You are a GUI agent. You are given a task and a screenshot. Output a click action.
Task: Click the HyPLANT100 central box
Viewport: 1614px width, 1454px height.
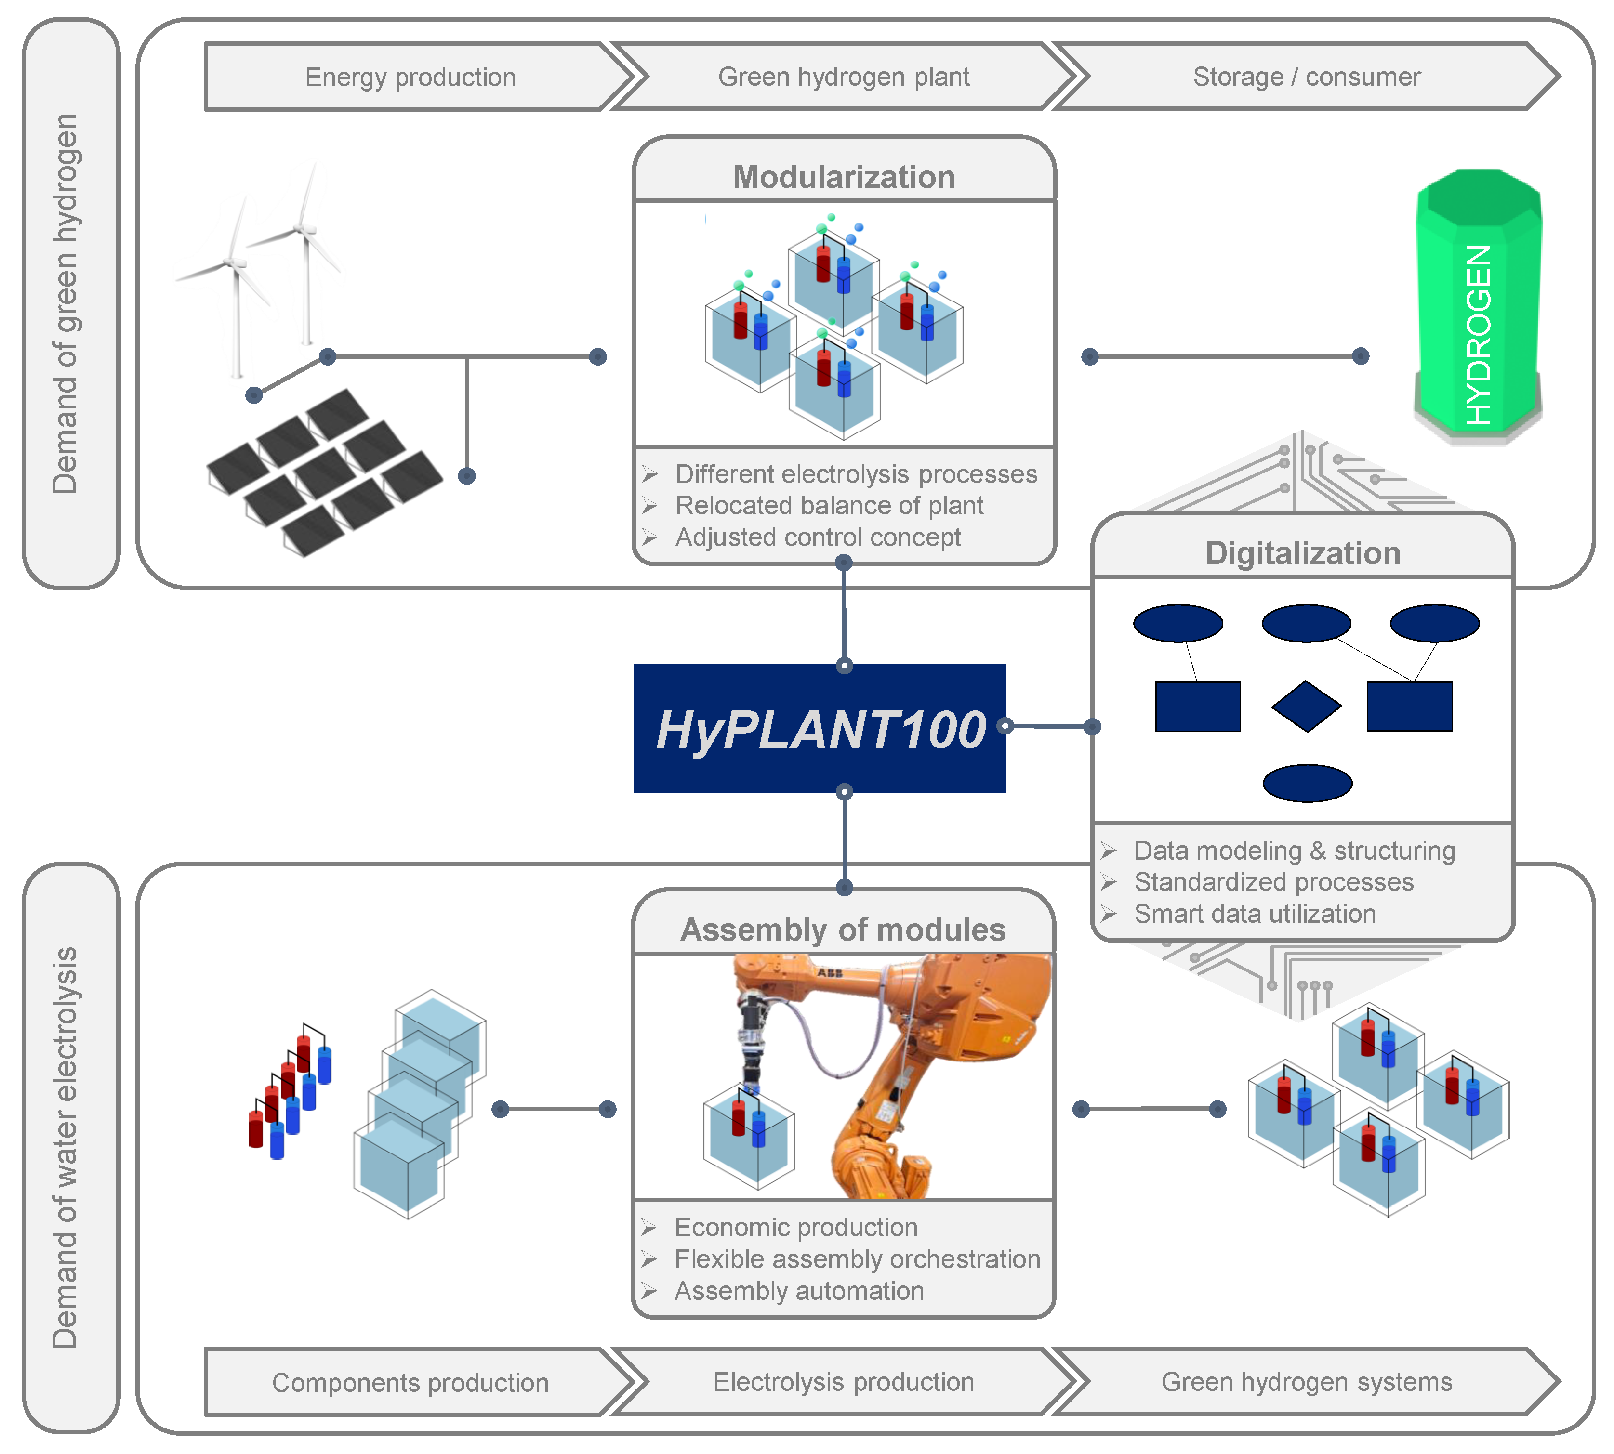[819, 728]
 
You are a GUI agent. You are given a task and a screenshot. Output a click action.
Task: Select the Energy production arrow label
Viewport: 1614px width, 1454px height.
[410, 78]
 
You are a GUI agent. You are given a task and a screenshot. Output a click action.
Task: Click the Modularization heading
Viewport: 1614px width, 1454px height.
[844, 177]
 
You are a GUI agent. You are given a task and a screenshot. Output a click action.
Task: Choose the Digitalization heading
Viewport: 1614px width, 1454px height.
[1302, 553]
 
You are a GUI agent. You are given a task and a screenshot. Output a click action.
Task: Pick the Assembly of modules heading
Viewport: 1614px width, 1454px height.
[843, 930]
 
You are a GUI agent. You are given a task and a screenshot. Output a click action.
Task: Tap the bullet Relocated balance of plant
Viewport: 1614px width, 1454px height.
[829, 506]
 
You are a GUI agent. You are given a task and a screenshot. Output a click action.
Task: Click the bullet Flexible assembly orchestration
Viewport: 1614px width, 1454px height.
[857, 1259]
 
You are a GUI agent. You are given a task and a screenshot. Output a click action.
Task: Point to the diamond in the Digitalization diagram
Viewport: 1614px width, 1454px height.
[1306, 706]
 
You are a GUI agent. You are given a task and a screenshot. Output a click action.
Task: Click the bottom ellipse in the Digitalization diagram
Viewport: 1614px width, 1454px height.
[1307, 783]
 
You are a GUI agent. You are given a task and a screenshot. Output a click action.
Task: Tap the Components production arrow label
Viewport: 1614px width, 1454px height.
[410, 1383]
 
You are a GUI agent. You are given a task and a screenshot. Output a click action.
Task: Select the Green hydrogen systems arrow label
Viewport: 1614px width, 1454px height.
[1307, 1382]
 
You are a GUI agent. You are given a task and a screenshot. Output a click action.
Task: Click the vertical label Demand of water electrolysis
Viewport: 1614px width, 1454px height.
[66, 1148]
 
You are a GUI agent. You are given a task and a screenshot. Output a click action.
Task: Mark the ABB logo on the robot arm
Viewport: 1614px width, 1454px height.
[830, 973]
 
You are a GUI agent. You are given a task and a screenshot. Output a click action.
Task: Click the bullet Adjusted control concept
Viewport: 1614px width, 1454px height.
[818, 537]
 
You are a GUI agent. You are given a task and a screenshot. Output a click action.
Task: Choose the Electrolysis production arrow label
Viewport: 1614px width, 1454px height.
[844, 1382]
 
